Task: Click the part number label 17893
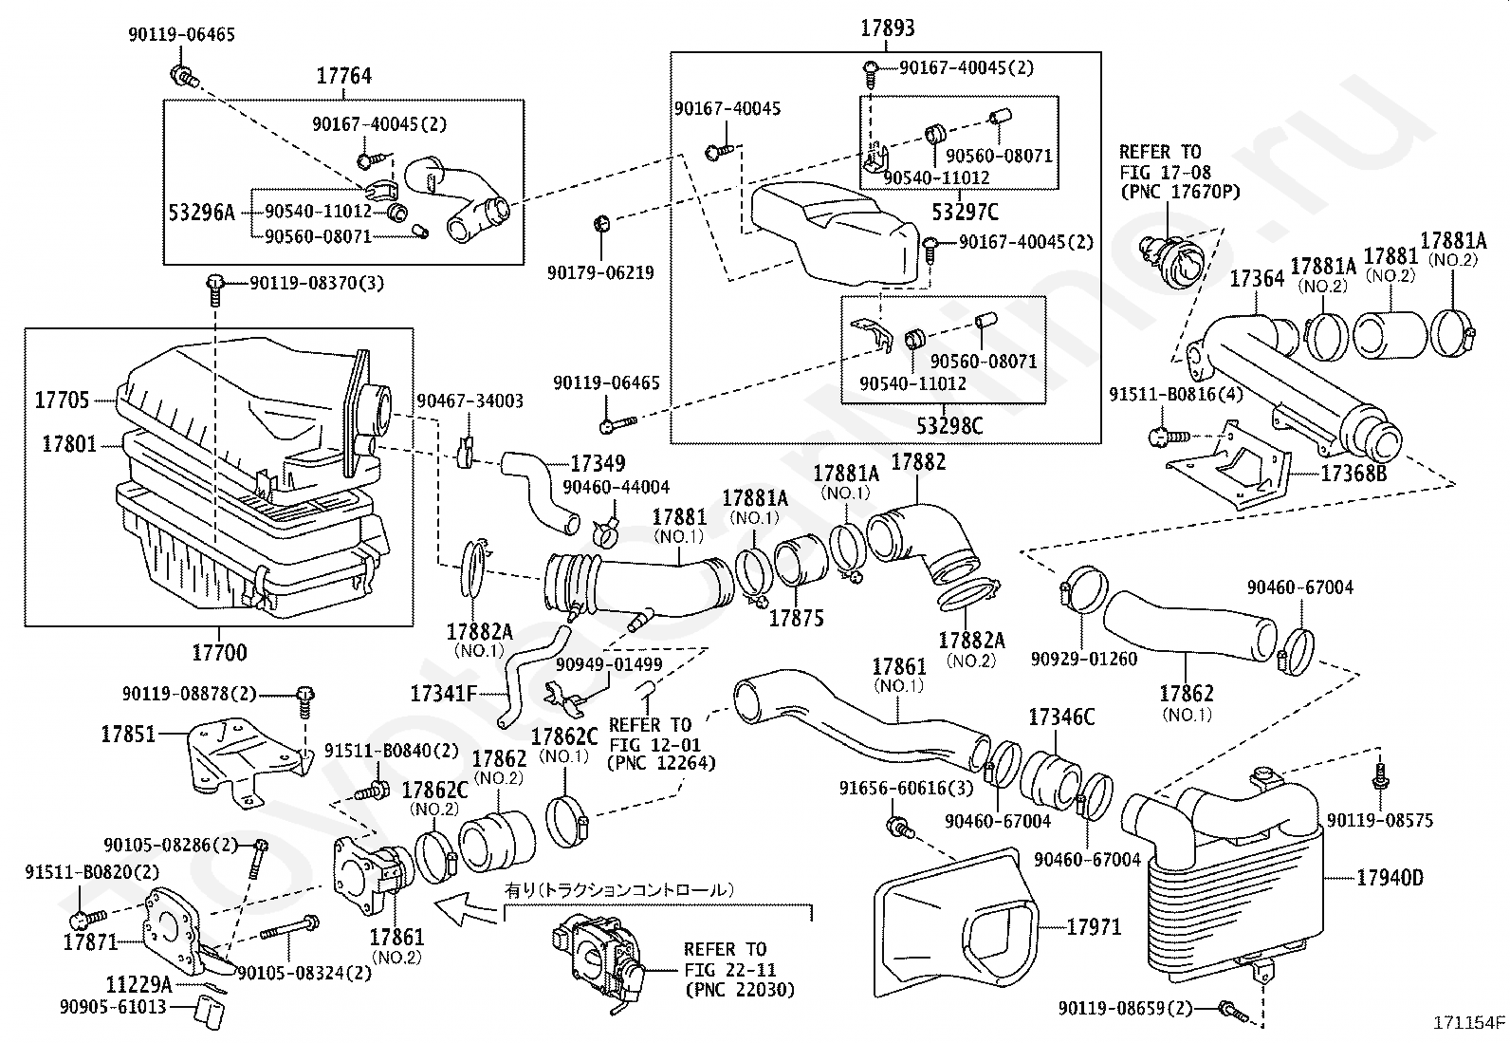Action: tap(887, 28)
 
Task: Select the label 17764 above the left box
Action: tap(343, 76)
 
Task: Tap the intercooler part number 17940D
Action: tap(1390, 878)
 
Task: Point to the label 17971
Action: tap(1094, 926)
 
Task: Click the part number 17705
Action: tap(63, 400)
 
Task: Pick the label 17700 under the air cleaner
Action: tap(219, 652)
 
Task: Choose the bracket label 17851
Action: tap(129, 734)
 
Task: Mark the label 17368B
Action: tap(1353, 472)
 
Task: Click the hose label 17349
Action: tap(598, 464)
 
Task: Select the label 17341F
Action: tap(443, 694)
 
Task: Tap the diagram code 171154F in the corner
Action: tap(1469, 1024)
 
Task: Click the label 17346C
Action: tap(1061, 717)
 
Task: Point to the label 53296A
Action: tap(201, 212)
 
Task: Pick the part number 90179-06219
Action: tap(600, 272)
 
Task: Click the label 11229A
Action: tap(138, 984)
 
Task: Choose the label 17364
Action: tap(1257, 279)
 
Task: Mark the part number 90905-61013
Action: tap(113, 1007)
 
